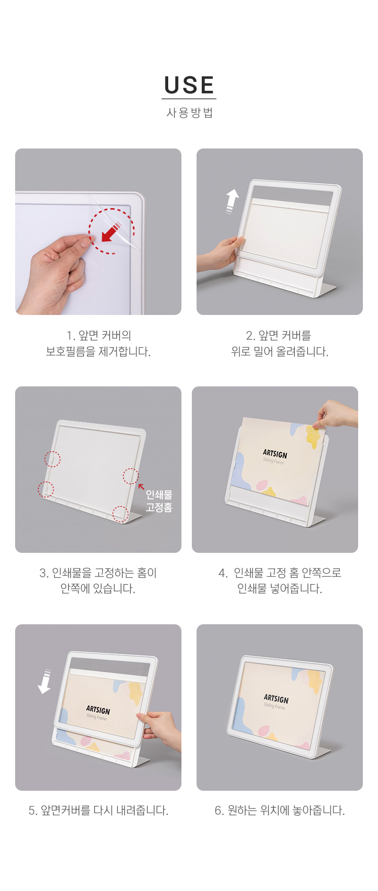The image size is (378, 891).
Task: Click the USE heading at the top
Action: coord(189,85)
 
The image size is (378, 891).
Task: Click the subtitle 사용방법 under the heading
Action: coord(189,113)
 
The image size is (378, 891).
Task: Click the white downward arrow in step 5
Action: coord(45,681)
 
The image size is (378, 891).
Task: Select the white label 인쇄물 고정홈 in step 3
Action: coord(159,501)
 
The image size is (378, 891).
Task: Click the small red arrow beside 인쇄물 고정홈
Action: coord(141,486)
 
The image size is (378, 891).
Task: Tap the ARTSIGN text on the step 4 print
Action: coord(275,454)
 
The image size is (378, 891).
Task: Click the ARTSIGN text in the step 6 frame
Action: coord(276,699)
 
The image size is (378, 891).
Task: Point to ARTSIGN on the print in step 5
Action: coord(98,710)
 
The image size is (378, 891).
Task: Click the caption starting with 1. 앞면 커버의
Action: coord(98,343)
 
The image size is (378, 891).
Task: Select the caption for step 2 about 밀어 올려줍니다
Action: coord(280,343)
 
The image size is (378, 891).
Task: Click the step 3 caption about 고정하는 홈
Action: coord(98,581)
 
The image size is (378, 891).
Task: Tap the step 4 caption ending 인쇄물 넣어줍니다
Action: coord(280,581)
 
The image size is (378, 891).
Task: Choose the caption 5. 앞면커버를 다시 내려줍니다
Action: coord(98,810)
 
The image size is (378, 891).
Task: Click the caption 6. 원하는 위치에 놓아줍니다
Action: coord(280,810)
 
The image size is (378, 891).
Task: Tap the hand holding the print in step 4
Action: coord(336,414)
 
